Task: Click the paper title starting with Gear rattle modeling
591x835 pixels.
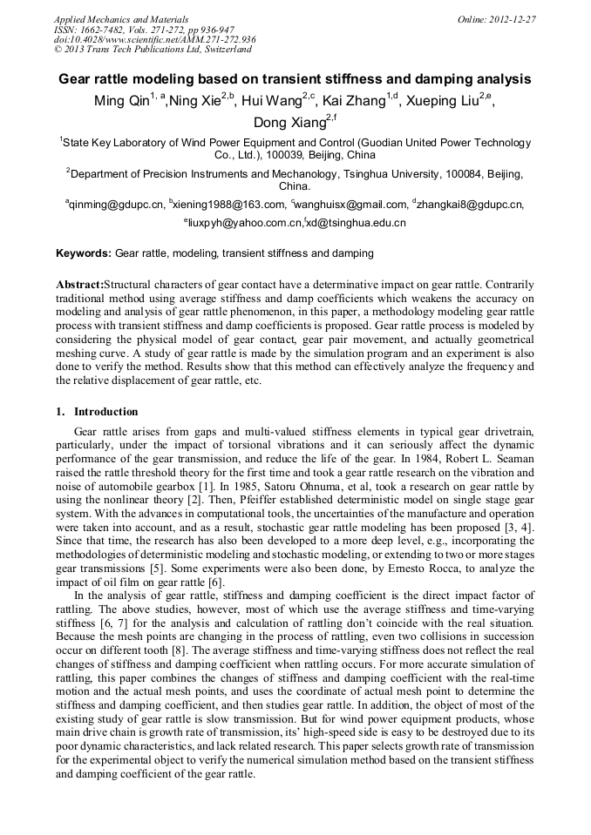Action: click(295, 78)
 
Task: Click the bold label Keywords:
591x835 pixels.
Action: click(84, 253)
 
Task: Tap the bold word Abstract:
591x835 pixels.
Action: click(79, 285)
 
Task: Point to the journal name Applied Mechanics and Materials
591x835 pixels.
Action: click(121, 19)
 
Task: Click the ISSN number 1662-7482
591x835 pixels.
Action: click(109, 30)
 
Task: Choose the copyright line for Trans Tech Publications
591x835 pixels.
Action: click(153, 51)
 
